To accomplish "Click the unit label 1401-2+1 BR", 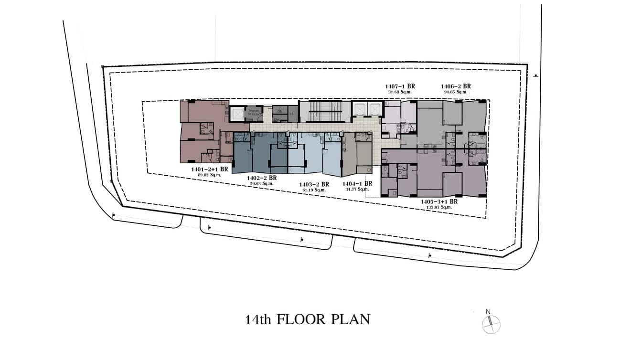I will (x=209, y=169).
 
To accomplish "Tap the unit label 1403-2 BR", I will (x=314, y=184).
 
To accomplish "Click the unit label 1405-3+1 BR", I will (x=439, y=202).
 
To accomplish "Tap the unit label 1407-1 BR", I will (x=400, y=86).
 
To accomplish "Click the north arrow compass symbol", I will (x=491, y=325).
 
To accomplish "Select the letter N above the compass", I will (x=488, y=312).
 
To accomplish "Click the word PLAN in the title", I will (x=350, y=319).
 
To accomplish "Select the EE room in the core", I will (x=291, y=114).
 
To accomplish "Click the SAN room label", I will (x=277, y=119).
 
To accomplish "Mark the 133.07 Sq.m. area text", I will (x=439, y=208).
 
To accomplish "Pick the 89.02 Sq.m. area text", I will (x=209, y=175).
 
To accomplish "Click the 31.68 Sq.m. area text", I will (x=400, y=92).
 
